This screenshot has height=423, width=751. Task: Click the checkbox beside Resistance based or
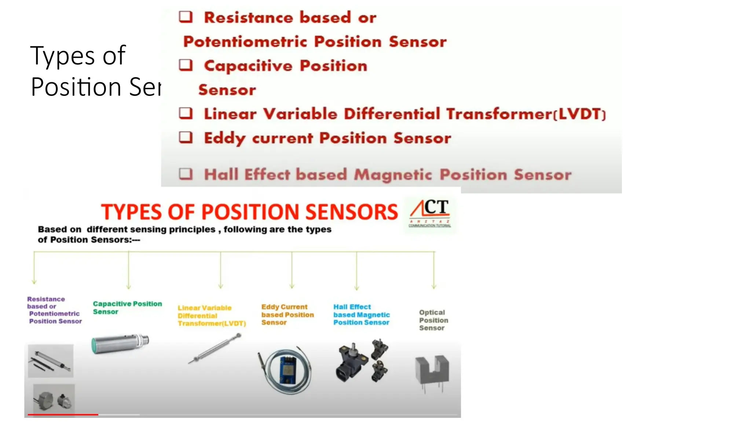186,17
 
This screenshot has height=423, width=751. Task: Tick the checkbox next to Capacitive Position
186,65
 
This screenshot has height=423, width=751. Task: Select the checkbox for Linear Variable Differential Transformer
186,113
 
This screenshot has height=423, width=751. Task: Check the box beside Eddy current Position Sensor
186,138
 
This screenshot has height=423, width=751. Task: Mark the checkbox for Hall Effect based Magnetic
186,174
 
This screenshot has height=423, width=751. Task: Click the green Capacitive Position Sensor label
127,308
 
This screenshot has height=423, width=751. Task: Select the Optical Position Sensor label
433,320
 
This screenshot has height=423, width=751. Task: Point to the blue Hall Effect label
361,315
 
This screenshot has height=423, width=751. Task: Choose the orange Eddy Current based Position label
287,315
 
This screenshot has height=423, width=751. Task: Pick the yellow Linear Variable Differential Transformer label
212,316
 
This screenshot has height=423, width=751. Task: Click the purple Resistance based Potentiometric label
54,310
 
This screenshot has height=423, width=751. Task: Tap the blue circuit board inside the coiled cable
288,369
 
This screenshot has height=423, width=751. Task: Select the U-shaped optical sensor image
432,371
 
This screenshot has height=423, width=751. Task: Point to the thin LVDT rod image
215,348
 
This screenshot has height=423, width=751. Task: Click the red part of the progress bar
63,415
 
